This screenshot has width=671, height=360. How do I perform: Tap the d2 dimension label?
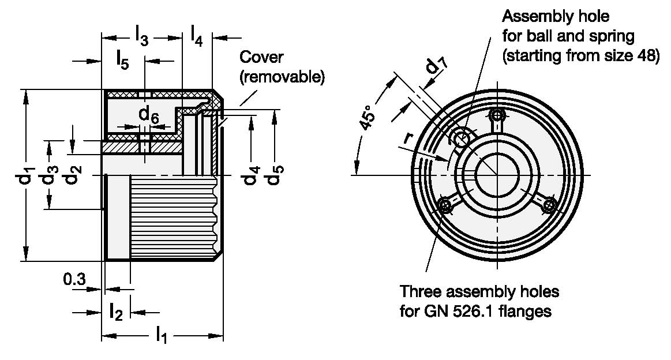coord(73,174)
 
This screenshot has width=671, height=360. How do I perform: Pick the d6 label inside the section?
coord(149,115)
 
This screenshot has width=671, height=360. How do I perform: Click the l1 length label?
coord(162,334)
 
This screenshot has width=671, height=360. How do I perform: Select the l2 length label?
coord(116,311)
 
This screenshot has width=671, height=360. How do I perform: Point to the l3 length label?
coord(142,36)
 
